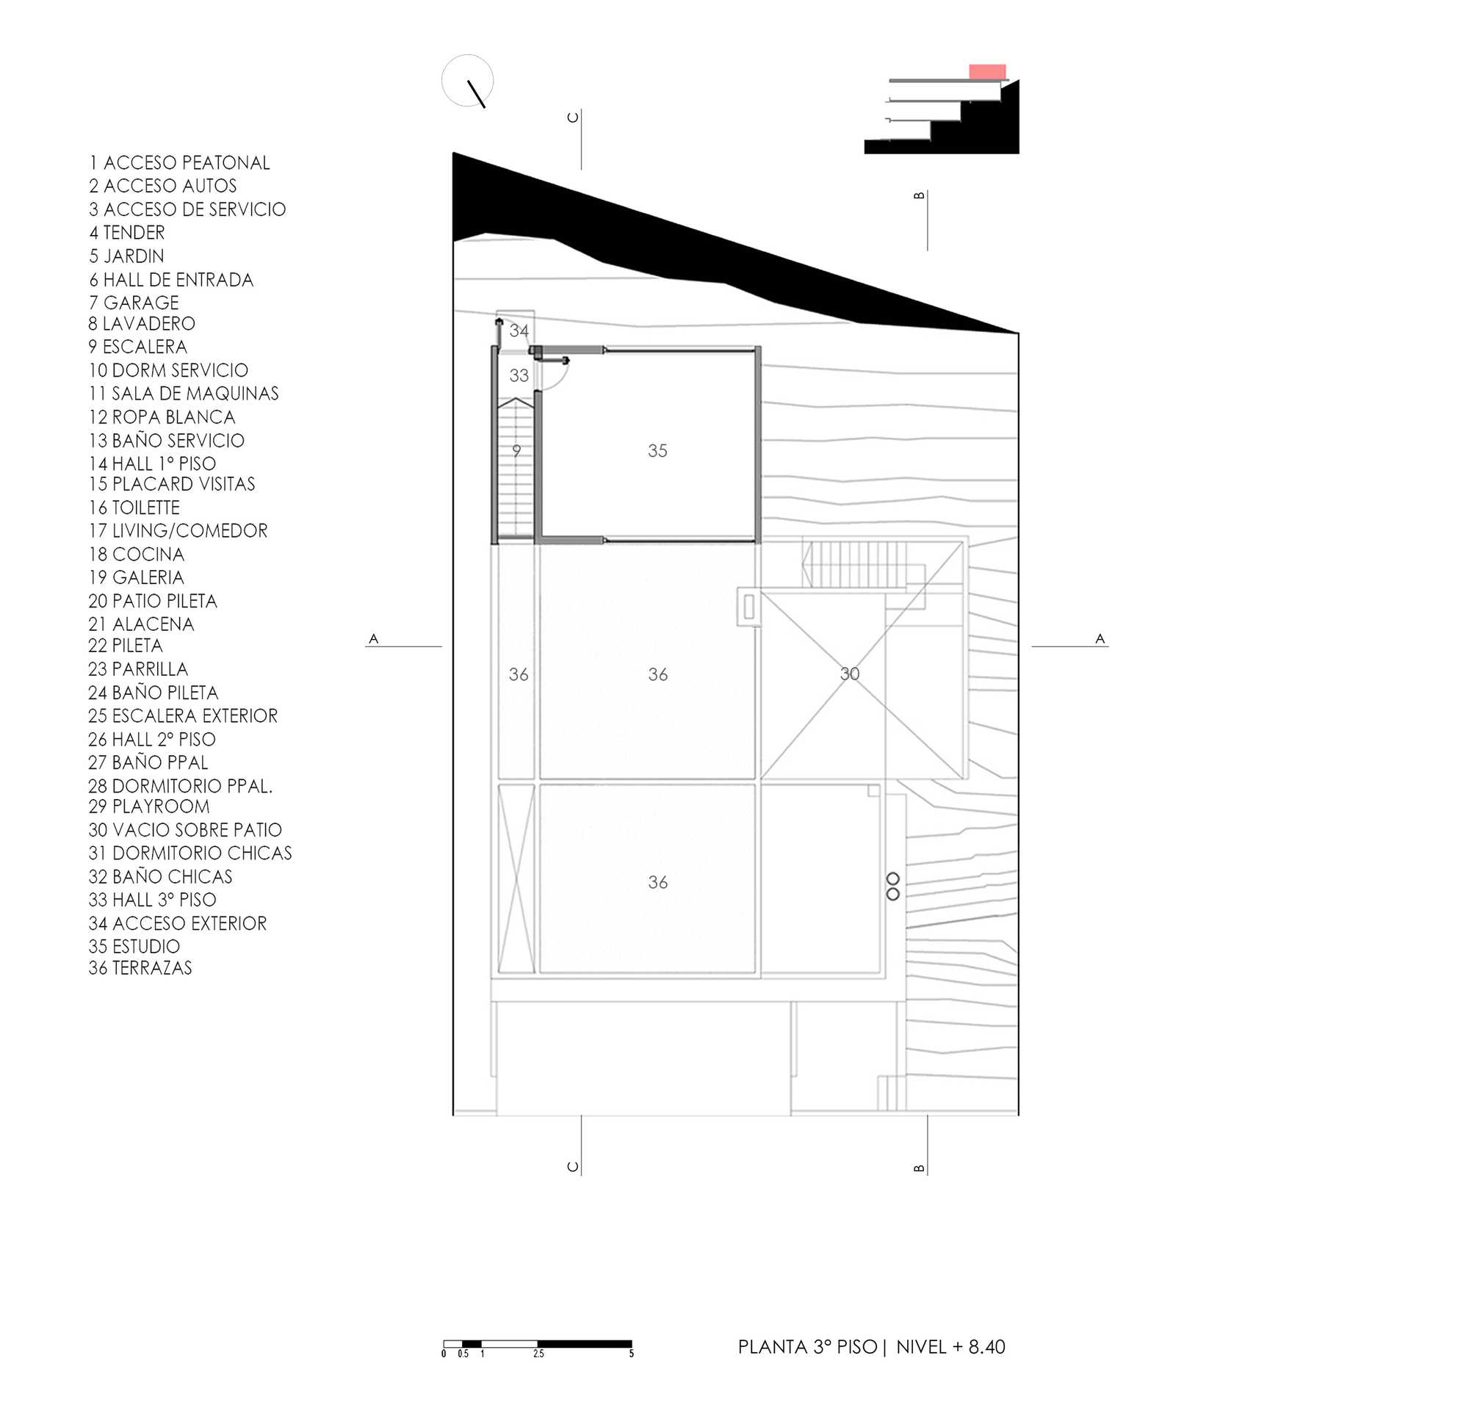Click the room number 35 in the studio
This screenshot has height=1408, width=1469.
tap(657, 451)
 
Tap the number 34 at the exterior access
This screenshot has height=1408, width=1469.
tap(519, 331)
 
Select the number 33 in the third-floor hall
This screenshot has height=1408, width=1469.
tap(519, 375)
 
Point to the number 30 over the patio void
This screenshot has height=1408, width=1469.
tap(849, 674)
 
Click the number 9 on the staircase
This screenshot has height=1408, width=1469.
tap(516, 451)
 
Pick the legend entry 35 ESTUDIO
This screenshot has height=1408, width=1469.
tap(134, 947)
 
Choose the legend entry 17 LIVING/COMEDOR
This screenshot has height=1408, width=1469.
tap(178, 530)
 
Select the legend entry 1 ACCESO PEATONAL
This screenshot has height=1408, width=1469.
tap(179, 162)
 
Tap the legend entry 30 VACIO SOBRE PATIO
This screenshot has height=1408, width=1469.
tap(184, 829)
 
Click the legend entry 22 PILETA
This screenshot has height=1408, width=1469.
tap(125, 645)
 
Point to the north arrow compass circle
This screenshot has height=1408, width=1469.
tap(468, 80)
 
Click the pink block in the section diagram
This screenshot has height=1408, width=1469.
tap(986, 71)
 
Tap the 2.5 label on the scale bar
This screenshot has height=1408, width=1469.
tap(538, 1354)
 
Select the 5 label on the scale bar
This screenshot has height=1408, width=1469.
tap(631, 1354)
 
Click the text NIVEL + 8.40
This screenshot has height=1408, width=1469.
tap(950, 1346)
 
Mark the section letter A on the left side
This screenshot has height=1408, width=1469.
tap(373, 638)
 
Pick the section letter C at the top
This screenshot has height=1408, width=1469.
tap(574, 117)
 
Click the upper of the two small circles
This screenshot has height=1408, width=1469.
tap(892, 879)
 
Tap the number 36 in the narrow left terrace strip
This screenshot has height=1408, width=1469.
tap(518, 674)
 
